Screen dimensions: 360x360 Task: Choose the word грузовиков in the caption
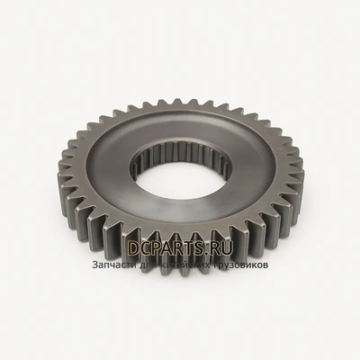pos(237,265)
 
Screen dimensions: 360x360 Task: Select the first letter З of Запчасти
pos(94,265)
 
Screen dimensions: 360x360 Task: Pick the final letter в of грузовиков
pos(265,265)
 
